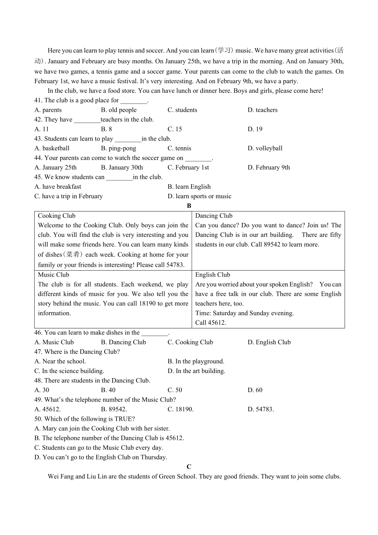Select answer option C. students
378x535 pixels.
pos(182,110)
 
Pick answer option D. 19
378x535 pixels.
pos(255,129)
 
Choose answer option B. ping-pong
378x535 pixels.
pos(118,148)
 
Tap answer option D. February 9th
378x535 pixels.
pos(269,167)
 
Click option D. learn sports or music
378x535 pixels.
pos(199,196)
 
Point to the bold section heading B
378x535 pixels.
pos(189,206)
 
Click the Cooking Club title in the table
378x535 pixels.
pos(57,216)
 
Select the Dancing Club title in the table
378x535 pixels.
pos(214,216)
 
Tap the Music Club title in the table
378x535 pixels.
pos(53,275)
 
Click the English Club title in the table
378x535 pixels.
pos(212,275)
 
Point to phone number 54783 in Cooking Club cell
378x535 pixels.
pos(175,265)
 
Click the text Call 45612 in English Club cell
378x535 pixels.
pos(210,323)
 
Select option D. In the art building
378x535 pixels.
pos(196,371)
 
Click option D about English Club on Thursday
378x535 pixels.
pos(101,457)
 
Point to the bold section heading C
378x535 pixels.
pos(189,467)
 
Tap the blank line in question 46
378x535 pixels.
pos(155,333)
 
